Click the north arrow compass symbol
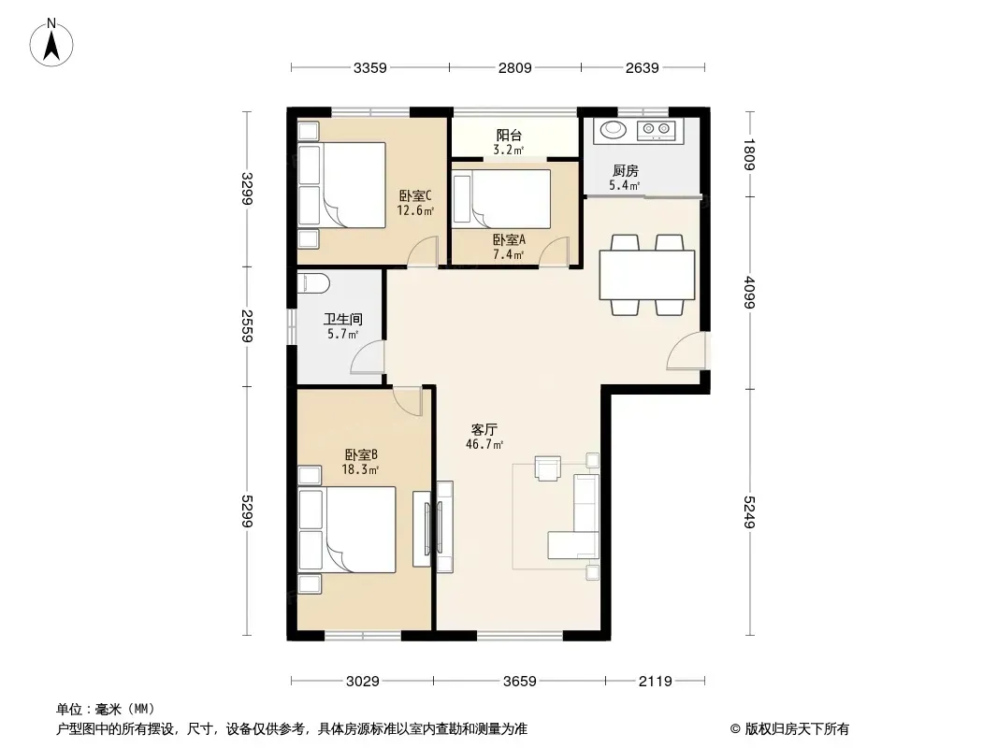[x=51, y=43]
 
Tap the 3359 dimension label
[x=370, y=67]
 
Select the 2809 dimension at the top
[x=515, y=67]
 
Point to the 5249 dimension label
[x=749, y=511]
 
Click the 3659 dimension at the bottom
[x=520, y=682]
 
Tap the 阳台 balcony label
[x=509, y=135]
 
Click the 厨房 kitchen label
[x=625, y=170]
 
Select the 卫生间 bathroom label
[x=342, y=319]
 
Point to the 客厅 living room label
[x=484, y=429]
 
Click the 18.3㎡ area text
[x=360, y=470]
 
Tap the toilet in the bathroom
[x=312, y=282]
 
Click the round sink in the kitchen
[x=614, y=130]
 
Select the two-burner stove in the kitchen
[x=657, y=130]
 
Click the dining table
[x=647, y=275]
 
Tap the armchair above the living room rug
[x=547, y=468]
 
